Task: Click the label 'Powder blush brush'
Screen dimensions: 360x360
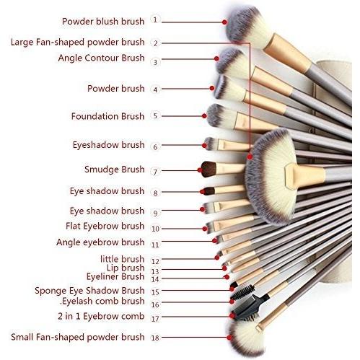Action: coord(103,22)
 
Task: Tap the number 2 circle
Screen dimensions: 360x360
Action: coord(155,43)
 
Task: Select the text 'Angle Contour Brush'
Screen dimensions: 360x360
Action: coord(101,58)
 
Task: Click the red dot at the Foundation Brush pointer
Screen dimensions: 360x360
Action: coord(204,116)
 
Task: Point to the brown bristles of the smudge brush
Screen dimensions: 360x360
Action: coord(208,169)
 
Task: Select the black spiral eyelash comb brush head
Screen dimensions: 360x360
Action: coord(242,292)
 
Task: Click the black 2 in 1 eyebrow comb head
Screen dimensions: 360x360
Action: coord(247,308)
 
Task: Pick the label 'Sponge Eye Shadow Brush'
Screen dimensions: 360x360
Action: coord(89,291)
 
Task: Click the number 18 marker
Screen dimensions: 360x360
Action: coord(155,338)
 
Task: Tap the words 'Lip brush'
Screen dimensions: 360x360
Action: coord(126,268)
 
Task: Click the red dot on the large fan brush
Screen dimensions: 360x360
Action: coord(250,157)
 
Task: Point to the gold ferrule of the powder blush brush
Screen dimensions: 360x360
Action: coord(287,53)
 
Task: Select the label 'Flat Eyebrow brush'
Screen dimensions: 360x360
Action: coord(105,226)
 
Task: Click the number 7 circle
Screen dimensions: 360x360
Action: coord(155,172)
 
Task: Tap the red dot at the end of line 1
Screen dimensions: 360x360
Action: coord(224,22)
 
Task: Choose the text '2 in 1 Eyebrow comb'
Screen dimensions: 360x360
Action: coord(101,316)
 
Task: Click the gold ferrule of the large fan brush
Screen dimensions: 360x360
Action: coord(305,175)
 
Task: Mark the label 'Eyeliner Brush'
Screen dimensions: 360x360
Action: coord(115,276)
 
